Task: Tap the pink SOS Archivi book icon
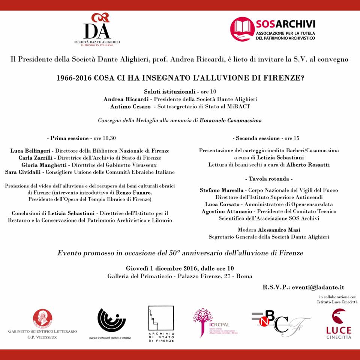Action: point(242,29)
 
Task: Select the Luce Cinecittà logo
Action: point(338,324)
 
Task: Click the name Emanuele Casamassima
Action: point(231,120)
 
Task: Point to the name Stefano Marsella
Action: point(221,190)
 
